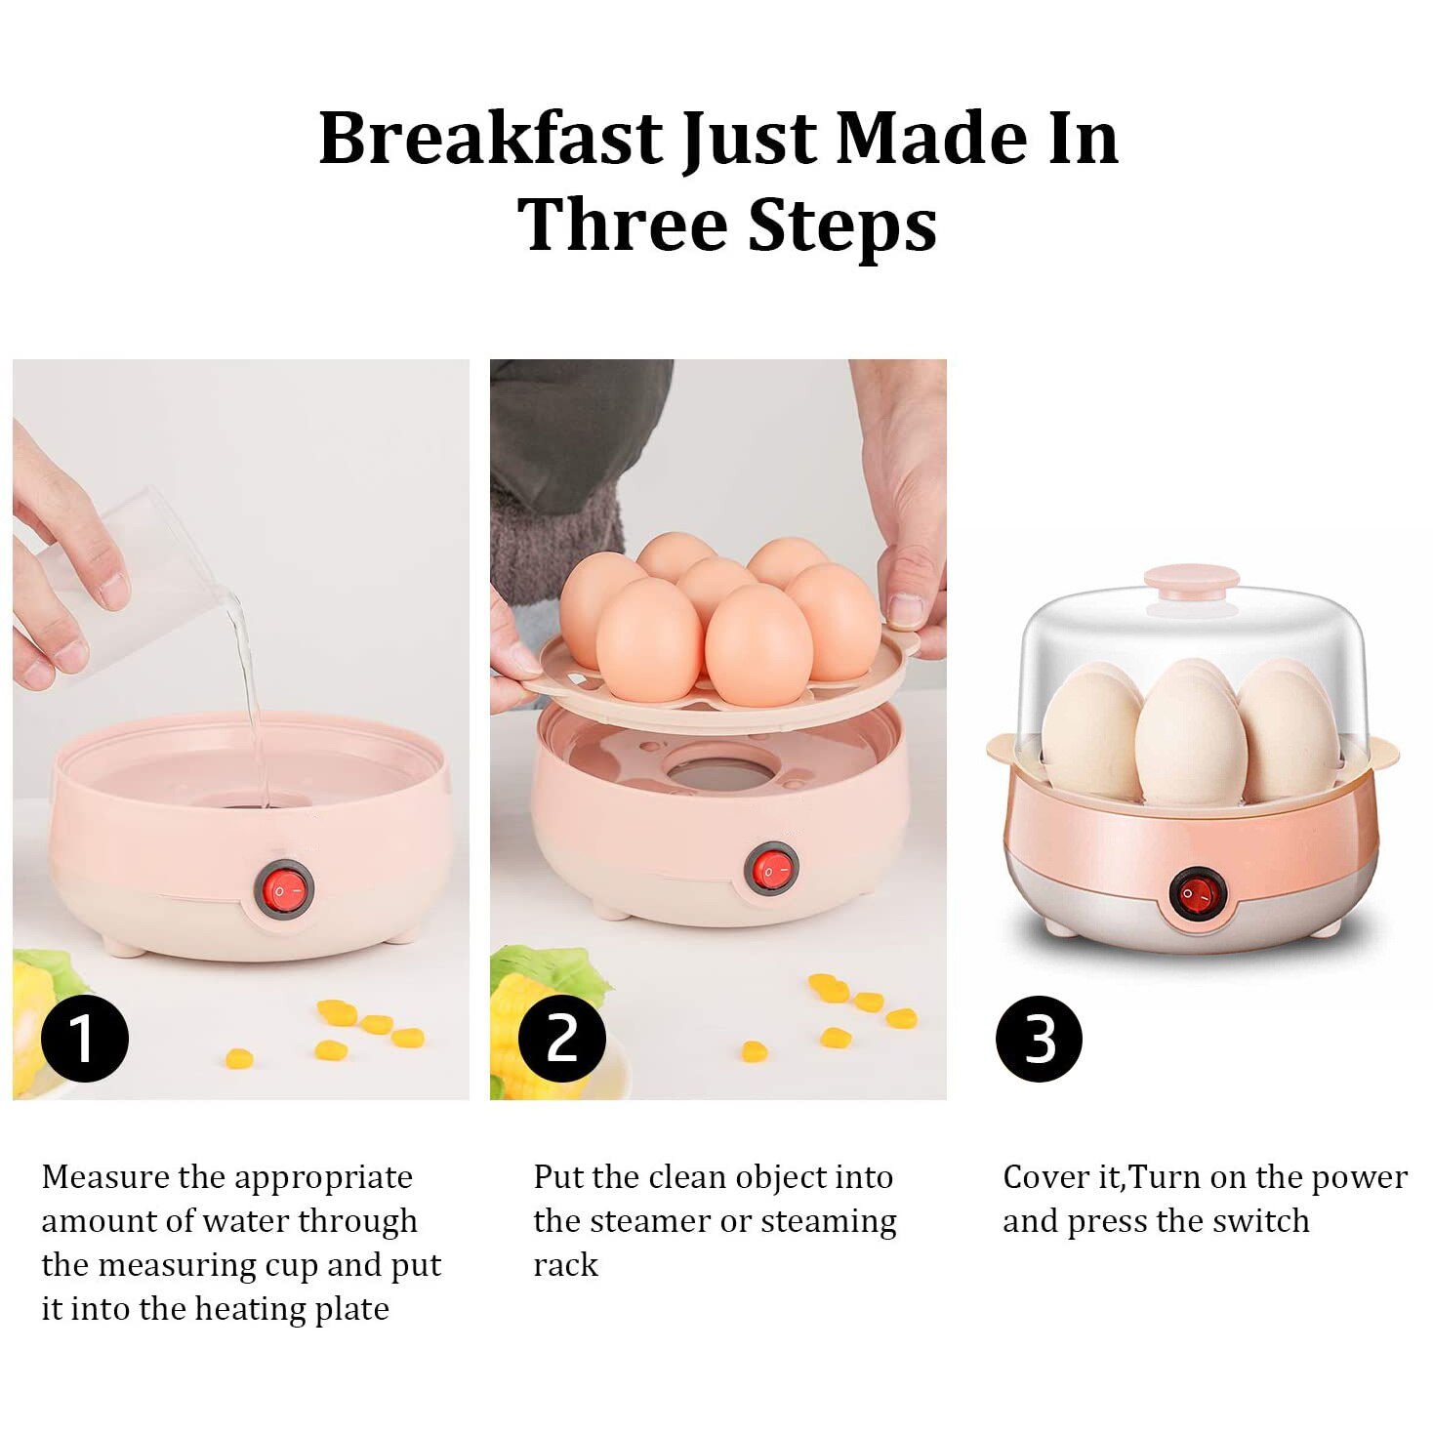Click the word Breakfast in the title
pyautogui.click(x=491, y=138)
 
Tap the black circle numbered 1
pyautogui.click(x=85, y=1039)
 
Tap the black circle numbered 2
pyautogui.click(x=562, y=1039)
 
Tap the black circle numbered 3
pyautogui.click(x=1039, y=1039)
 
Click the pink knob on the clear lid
pyautogui.click(x=1192, y=582)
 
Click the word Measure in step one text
pyautogui.click(x=105, y=1177)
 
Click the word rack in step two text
pyautogui.click(x=565, y=1265)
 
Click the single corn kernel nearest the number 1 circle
pyautogui.click(x=239, y=1058)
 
